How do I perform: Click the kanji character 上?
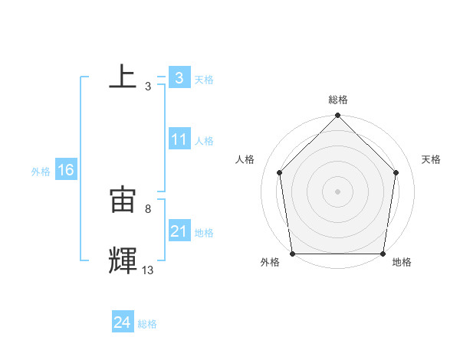click(123, 77)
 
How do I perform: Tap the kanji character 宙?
click(123, 201)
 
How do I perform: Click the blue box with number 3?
click(179, 77)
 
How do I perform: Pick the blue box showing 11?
click(179, 139)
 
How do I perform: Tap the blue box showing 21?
click(179, 231)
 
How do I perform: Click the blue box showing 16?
click(65, 170)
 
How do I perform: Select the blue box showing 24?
click(122, 323)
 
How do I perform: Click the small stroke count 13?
click(147, 270)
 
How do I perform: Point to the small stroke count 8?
click(147, 208)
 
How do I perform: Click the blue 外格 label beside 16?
click(41, 172)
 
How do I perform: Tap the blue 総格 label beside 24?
click(147, 324)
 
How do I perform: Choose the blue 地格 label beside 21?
click(204, 233)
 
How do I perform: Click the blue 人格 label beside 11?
click(204, 141)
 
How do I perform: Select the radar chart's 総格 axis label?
click(338, 100)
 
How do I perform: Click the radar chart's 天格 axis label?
click(432, 159)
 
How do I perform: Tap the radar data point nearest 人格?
click(280, 172)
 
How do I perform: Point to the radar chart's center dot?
click(337, 191)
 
